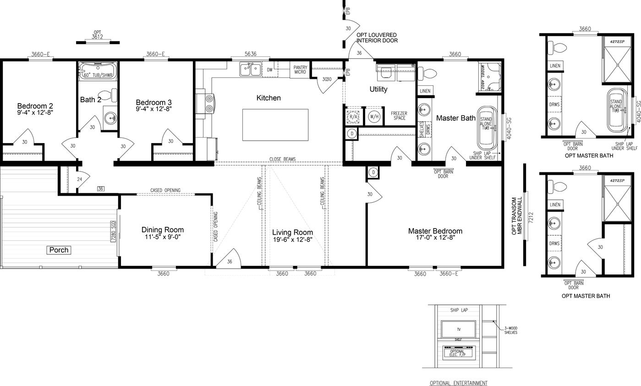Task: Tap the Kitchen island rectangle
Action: pyautogui.click(x=275, y=125)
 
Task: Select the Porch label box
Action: pyautogui.click(x=59, y=250)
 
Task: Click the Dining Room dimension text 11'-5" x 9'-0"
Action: pyautogui.click(x=162, y=237)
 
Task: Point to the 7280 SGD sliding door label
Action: pyautogui.click(x=113, y=231)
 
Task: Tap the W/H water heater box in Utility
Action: pyautogui.click(x=374, y=116)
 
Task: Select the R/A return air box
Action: pyautogui.click(x=353, y=116)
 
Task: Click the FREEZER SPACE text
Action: pyautogui.click(x=399, y=116)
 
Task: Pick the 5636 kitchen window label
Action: pyautogui.click(x=250, y=54)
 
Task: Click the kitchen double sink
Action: pyautogui.click(x=250, y=70)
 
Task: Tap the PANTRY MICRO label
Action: pyautogui.click(x=300, y=70)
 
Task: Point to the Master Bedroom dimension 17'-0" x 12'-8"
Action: pyautogui.click(x=435, y=237)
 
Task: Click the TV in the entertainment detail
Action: pyautogui.click(x=458, y=330)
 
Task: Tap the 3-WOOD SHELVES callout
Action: pyautogui.click(x=510, y=330)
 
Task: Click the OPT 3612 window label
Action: pyautogui.click(x=97, y=35)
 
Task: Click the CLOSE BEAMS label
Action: pyautogui.click(x=282, y=159)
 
